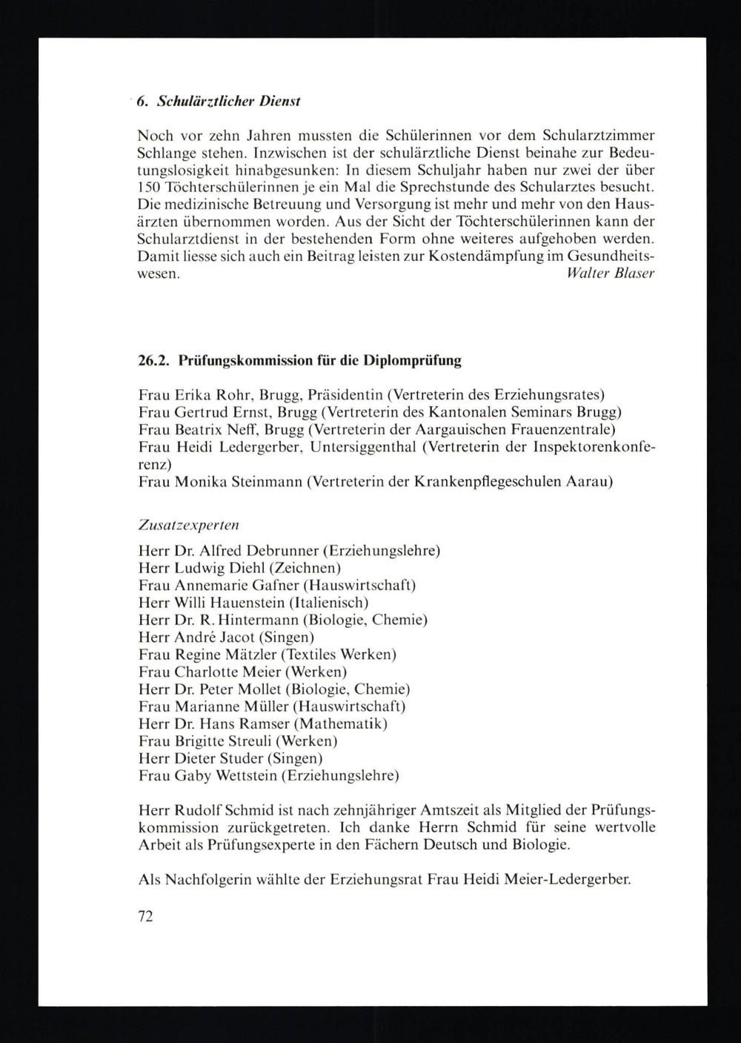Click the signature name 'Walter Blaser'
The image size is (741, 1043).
pyautogui.click(x=610, y=273)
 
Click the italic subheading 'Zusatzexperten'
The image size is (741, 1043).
pyautogui.click(x=188, y=524)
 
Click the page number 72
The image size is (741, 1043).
pyautogui.click(x=145, y=916)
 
